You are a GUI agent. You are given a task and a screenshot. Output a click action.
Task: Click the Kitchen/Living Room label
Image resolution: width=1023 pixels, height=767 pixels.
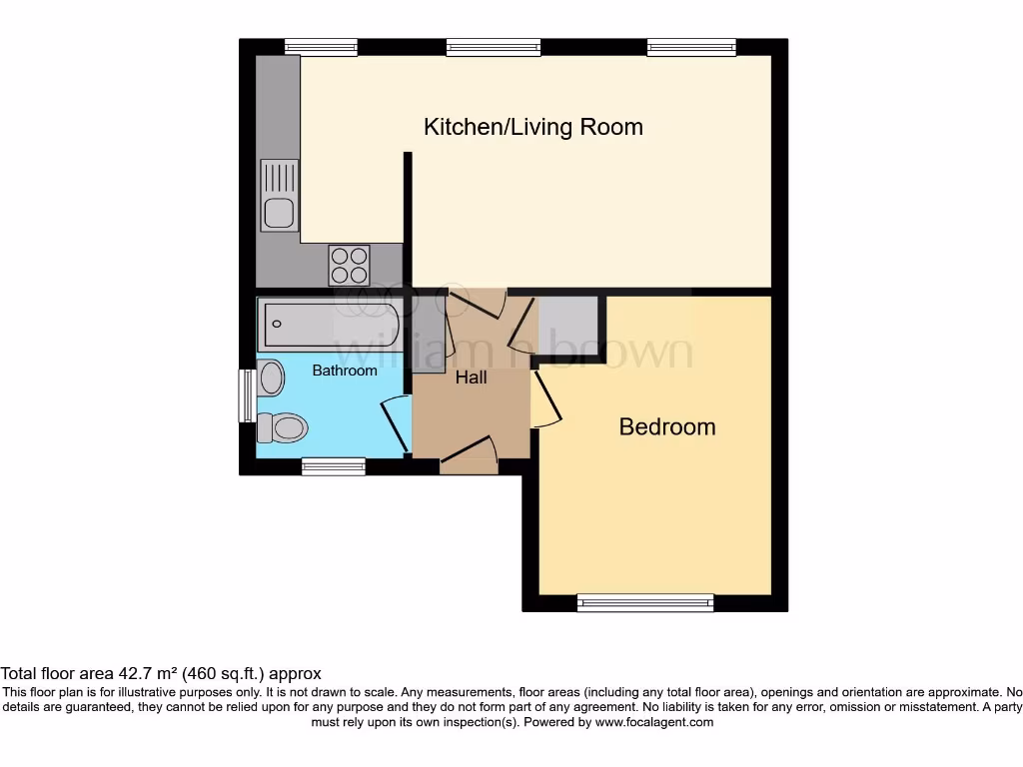click(x=533, y=127)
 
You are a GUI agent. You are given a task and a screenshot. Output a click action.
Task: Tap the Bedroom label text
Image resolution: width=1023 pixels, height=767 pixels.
click(x=666, y=426)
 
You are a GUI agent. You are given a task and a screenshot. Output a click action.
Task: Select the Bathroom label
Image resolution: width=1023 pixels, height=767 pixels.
click(x=345, y=371)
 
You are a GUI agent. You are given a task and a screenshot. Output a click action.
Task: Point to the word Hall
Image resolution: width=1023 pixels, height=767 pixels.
click(x=472, y=377)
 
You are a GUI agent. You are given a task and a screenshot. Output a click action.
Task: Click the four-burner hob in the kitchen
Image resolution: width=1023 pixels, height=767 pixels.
click(x=349, y=265)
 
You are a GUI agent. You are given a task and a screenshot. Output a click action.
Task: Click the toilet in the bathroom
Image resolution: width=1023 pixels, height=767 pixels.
click(x=282, y=427)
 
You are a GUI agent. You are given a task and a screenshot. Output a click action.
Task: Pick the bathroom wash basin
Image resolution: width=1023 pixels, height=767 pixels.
click(x=271, y=378)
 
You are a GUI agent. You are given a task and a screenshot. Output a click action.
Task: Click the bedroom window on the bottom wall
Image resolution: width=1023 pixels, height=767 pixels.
click(x=645, y=602)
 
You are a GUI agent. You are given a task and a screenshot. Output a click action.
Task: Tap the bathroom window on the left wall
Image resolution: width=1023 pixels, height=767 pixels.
click(x=247, y=395)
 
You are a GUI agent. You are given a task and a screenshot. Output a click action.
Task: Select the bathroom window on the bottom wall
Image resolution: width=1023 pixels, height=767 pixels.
click(x=334, y=466)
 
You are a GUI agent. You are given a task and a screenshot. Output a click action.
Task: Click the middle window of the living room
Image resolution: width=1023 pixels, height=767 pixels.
click(x=494, y=47)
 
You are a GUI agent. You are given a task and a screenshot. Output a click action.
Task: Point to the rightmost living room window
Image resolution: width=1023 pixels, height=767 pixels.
click(x=691, y=47)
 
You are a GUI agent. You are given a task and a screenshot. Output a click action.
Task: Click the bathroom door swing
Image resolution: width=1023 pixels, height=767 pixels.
click(x=396, y=425)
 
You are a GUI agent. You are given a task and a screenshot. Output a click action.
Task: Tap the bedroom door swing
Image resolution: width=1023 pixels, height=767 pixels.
click(x=546, y=399)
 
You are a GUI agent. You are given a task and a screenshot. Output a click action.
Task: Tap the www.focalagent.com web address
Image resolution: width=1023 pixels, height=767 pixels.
click(x=654, y=723)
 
